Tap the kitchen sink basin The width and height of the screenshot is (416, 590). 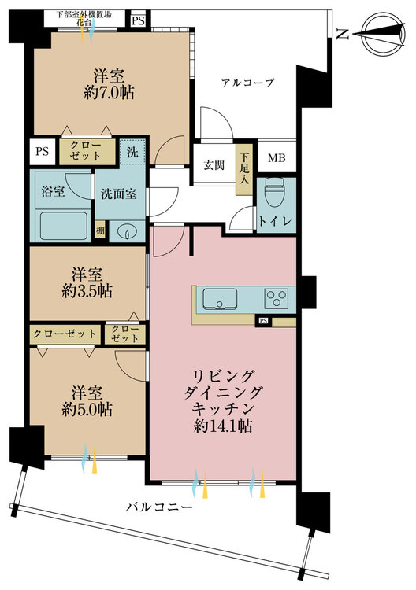click(x=220, y=299)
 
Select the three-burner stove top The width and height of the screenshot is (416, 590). click(x=277, y=299)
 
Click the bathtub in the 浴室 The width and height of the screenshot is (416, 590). click(x=64, y=226)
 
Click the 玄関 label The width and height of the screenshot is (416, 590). click(x=214, y=165)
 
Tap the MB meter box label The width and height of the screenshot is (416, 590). click(x=277, y=158)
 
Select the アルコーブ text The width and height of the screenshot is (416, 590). click(x=247, y=83)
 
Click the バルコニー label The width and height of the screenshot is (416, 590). click(x=158, y=507)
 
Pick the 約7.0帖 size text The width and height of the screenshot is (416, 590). click(x=109, y=93)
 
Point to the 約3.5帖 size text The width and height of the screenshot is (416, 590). click(x=87, y=291)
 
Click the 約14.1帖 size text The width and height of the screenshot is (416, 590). click(x=223, y=426)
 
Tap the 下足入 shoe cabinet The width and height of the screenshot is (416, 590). click(x=244, y=169)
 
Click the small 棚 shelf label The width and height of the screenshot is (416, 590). click(x=100, y=231)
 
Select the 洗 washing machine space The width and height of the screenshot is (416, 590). click(x=132, y=152)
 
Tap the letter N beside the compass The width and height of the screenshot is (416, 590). click(x=342, y=35)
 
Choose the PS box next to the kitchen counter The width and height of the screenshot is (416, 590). click(x=263, y=321)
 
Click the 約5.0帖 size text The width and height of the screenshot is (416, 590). click(x=87, y=410)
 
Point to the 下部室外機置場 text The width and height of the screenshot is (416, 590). click(x=84, y=15)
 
